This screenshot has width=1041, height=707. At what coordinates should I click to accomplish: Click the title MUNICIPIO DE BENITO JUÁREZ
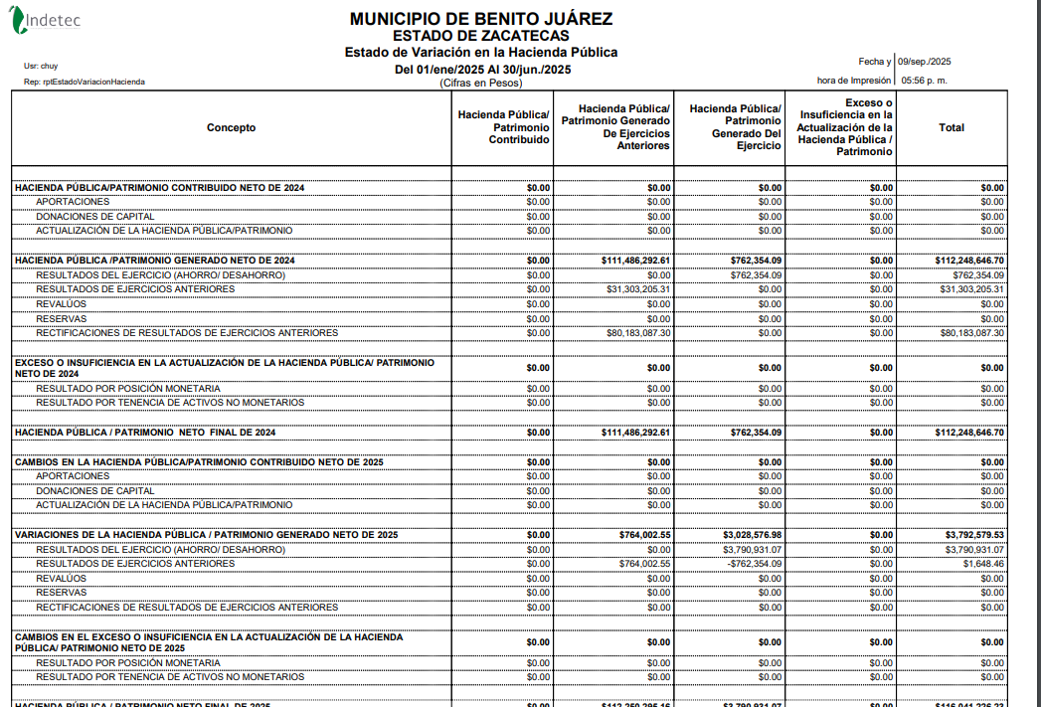pyautogui.click(x=481, y=19)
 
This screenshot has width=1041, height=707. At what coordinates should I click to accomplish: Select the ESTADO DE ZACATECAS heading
pyautogui.click(x=481, y=36)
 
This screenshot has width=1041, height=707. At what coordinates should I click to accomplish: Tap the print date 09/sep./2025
pyautogui.click(x=925, y=62)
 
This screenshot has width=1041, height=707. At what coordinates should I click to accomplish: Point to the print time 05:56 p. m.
pyautogui.click(x=924, y=81)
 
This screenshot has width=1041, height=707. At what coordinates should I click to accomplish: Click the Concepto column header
pyautogui.click(x=231, y=127)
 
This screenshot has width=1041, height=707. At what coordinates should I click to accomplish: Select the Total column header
pyautogui.click(x=951, y=127)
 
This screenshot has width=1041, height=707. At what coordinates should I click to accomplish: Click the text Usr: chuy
pyautogui.click(x=41, y=66)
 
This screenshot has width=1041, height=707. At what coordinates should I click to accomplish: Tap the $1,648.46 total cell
pyautogui.click(x=982, y=564)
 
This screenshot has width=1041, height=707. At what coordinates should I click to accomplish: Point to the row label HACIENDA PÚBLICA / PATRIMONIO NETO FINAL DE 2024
pyautogui.click(x=145, y=433)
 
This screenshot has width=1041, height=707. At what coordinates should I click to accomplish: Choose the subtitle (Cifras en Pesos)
pyautogui.click(x=480, y=84)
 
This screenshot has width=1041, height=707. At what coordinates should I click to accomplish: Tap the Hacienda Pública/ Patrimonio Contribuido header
pyautogui.click(x=503, y=127)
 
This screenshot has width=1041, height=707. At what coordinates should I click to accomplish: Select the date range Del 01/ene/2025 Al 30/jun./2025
pyautogui.click(x=482, y=70)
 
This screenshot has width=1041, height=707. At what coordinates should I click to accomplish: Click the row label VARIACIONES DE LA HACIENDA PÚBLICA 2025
pyautogui.click(x=206, y=535)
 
